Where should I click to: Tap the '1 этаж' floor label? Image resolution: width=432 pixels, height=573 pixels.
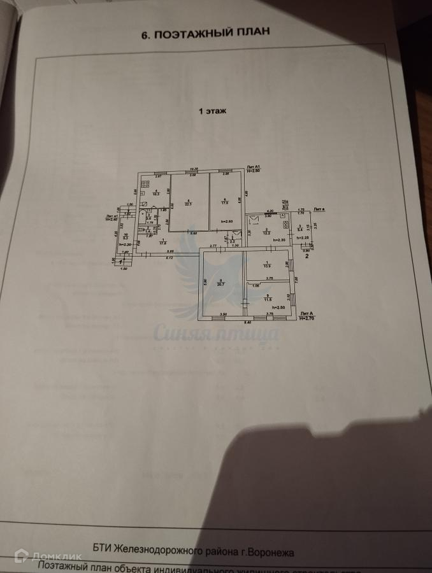213,111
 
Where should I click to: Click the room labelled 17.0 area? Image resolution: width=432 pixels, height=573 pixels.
225,202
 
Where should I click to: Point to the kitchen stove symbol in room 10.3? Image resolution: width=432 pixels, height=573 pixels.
145,186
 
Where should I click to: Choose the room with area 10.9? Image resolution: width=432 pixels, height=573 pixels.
268,265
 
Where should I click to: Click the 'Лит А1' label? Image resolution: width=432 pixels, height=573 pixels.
254,167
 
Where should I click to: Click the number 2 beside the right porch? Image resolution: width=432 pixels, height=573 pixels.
307,256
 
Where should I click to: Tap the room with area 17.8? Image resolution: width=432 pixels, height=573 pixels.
163,242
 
